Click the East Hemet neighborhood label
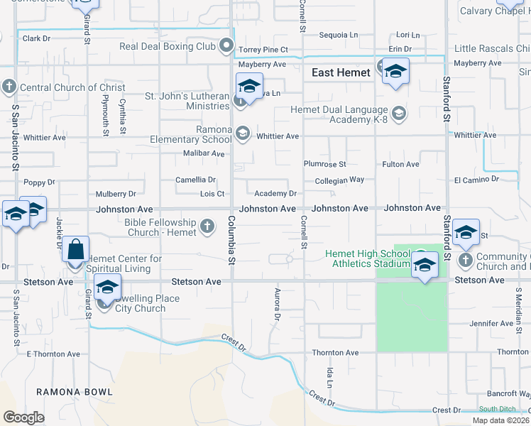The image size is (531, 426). tap(341, 72)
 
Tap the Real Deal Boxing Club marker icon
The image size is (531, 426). tap(227, 47)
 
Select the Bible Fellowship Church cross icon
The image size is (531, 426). tap(207, 226)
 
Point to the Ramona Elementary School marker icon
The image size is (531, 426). tap(243, 133)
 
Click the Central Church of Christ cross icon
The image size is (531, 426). tap(9, 87)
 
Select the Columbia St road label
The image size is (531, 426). tap(231, 242)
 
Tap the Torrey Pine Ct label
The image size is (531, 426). tap(263, 50)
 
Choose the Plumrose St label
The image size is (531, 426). tap(324, 164)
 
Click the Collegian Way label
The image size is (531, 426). tap(339, 180)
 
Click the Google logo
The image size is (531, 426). tap(23, 417)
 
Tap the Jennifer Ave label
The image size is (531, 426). tap(491, 324)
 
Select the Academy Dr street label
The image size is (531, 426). tap(275, 193)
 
